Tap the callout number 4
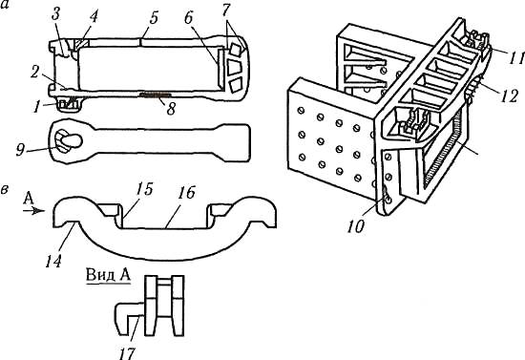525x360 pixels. click(93, 17)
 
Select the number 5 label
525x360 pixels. click(153, 18)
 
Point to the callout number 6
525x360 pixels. click(189, 18)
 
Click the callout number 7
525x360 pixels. click(226, 11)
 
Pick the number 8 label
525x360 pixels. click(171, 109)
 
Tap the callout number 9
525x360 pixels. click(21, 150)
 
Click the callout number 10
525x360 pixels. click(356, 226)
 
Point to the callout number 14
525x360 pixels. click(53, 261)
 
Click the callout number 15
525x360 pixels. click(144, 189)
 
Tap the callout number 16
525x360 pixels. click(186, 193)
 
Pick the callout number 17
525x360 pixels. click(127, 353)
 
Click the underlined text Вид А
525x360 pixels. click(108, 275)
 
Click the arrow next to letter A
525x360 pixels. click(33, 211)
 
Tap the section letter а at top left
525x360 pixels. click(4, 6)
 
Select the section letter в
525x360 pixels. click(5, 189)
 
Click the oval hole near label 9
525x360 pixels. click(72, 141)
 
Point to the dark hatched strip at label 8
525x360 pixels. click(155, 95)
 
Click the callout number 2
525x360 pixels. click(35, 74)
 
